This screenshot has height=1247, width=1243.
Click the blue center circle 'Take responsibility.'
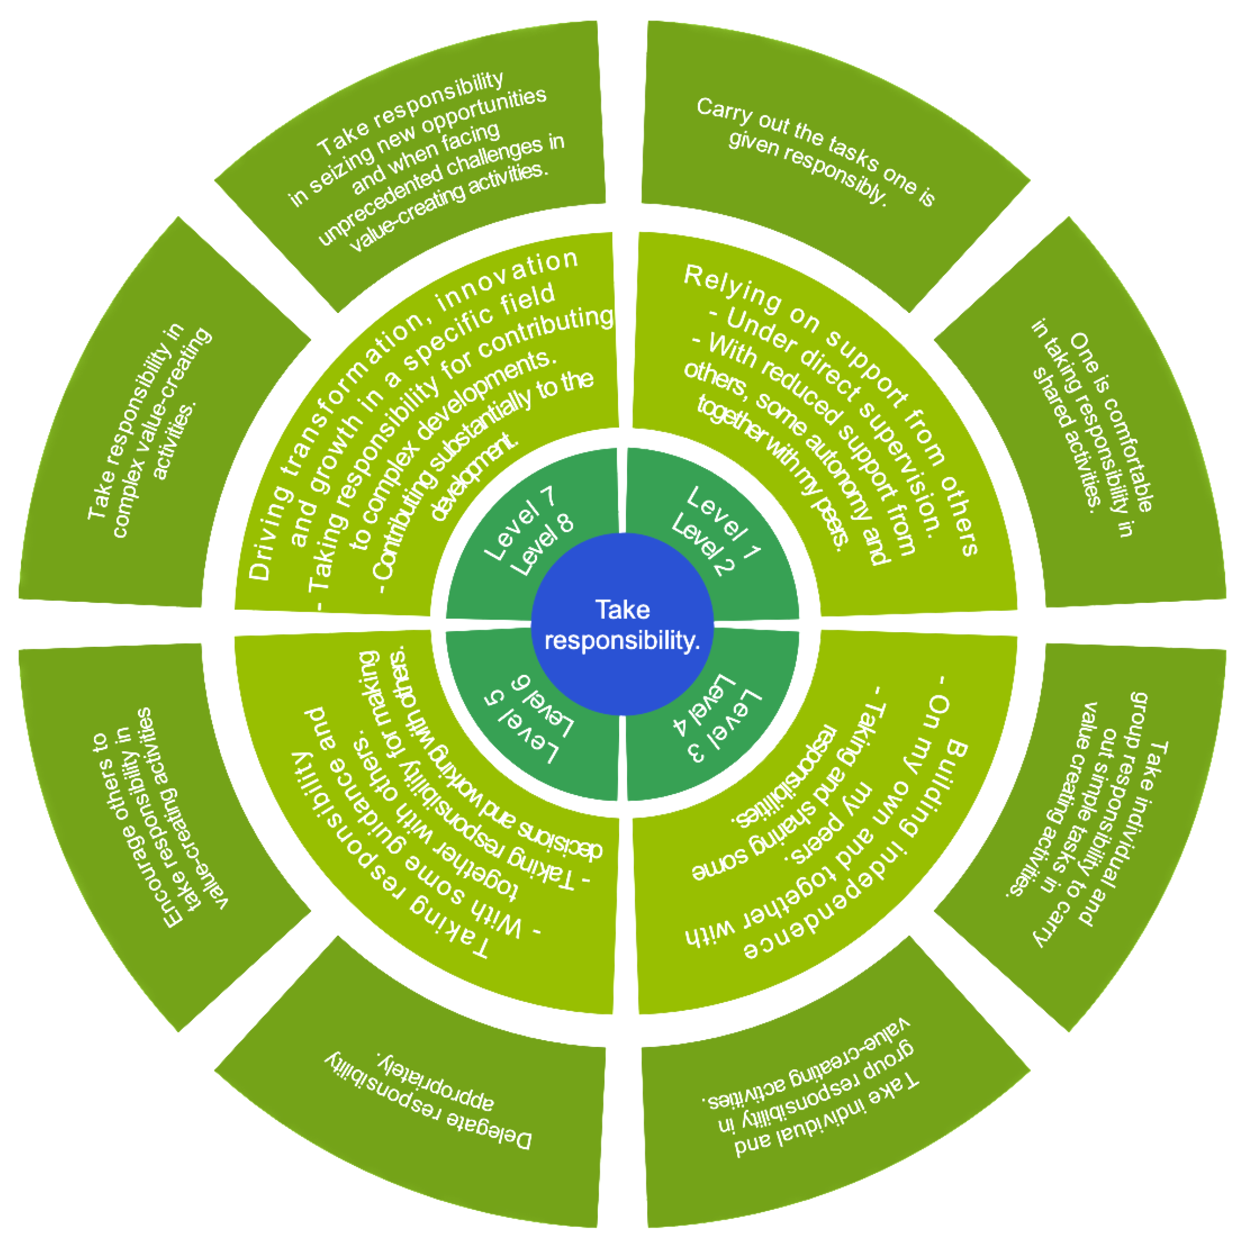[x=622, y=624]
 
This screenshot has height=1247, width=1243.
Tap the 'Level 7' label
[x=519, y=523]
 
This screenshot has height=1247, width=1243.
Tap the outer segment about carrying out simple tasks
[x=1090, y=820]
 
